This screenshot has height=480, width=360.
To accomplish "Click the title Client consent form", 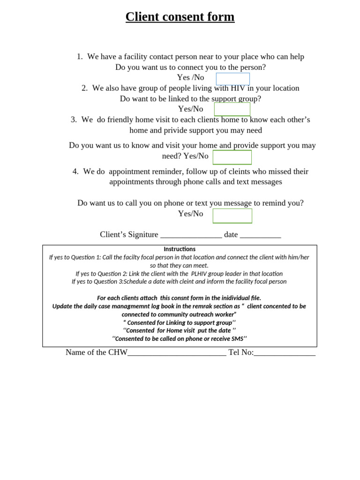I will coord(180,17).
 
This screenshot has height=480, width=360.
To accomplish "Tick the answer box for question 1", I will coord(232,79).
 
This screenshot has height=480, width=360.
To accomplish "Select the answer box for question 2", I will coord(232,109).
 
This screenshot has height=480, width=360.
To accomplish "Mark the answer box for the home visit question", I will coord(232,157).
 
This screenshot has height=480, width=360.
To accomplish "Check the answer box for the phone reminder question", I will coord(232,216).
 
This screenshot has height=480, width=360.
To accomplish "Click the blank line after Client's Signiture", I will coord(191,235).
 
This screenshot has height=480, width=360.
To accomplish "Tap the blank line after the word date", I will coord(260,235).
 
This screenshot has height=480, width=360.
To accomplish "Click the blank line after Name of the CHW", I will coord(177,352).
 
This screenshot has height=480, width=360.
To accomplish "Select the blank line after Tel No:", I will coord(285,352).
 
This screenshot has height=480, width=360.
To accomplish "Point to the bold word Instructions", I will coord(180,249).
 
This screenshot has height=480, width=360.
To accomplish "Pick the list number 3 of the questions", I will coord(74,120).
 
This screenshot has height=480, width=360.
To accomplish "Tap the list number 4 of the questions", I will coord(75,172).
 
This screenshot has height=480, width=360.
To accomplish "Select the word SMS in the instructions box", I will coord(237,339).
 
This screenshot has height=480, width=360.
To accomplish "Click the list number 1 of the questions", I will coord(79,57).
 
